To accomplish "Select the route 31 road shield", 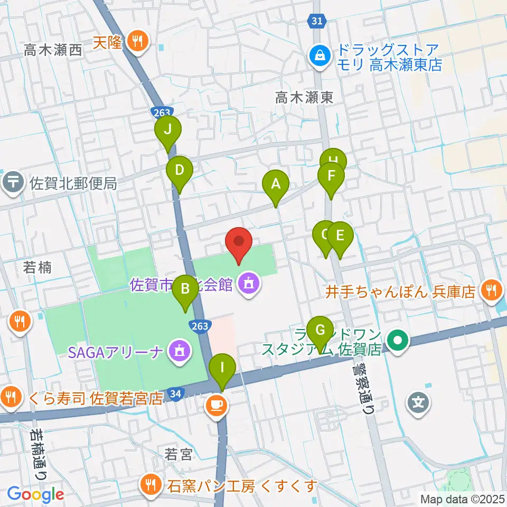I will coord(315,21).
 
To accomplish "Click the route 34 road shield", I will coord(176,393).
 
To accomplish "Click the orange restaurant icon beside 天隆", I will coord(137,42).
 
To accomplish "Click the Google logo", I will coord(35,494).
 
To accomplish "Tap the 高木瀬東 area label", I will coord(304,97).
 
